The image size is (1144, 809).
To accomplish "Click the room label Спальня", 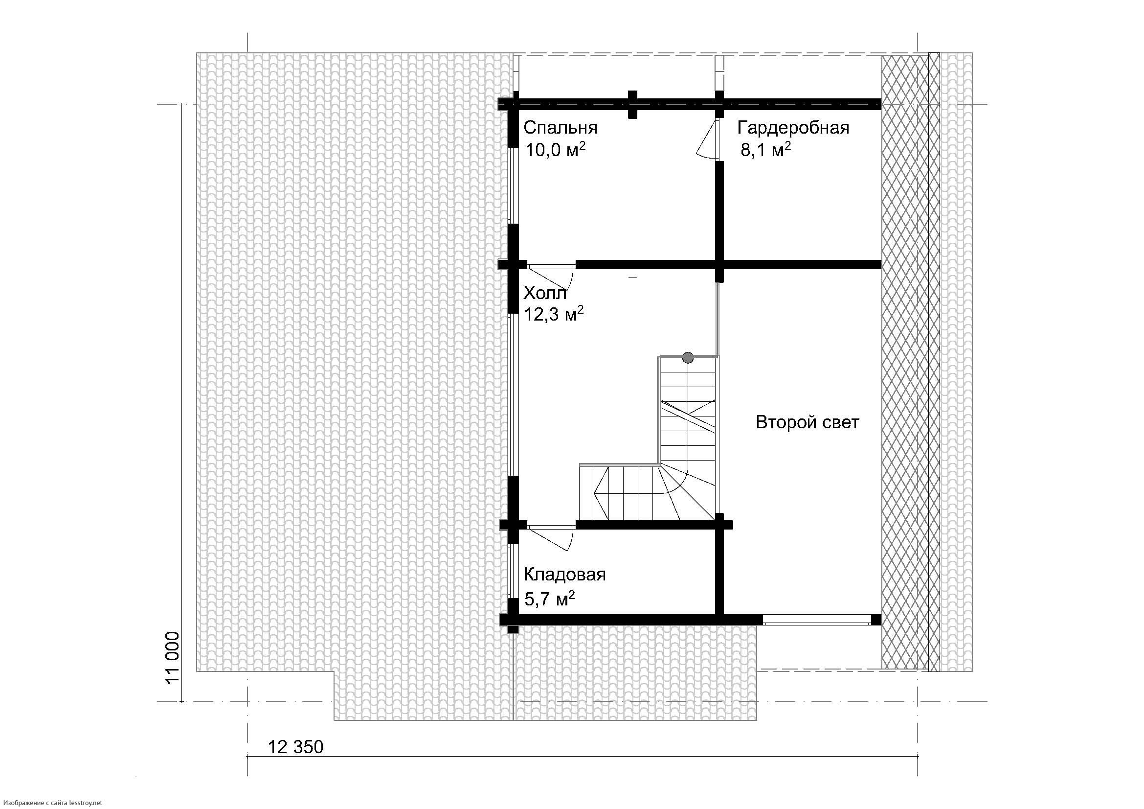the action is pos(560,128).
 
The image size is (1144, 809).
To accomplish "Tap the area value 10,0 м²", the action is pos(555,150).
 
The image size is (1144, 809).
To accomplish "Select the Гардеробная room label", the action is pos(793,128).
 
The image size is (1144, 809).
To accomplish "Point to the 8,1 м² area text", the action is pos(766,150).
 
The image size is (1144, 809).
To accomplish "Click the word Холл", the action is pos(545,293).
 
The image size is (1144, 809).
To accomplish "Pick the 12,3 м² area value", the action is pos(554,314).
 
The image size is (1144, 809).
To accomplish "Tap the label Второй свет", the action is pos(807,422).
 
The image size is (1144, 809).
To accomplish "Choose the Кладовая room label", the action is pos(564,575).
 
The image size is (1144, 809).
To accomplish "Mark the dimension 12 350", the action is pos(295,747).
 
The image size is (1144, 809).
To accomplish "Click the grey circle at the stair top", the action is pos(688,357).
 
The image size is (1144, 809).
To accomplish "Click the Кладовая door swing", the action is pos(550,538).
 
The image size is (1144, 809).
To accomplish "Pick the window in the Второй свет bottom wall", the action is pos(817,620).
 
